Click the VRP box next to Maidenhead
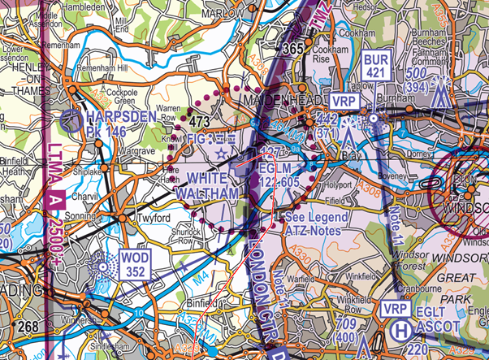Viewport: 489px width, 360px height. (344, 102)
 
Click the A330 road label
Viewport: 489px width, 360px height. (309, 258)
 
